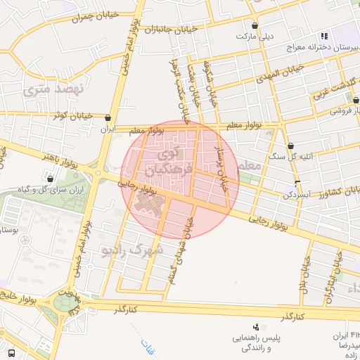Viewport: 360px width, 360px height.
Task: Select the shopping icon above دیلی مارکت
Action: pyautogui.click(x=254, y=24)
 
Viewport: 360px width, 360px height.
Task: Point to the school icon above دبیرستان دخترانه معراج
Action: pyautogui.click(x=323, y=35)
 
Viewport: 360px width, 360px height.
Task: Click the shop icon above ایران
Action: pyautogui.click(x=108, y=118)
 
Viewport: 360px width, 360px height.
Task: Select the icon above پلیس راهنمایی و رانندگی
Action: pyautogui.click(x=256, y=327)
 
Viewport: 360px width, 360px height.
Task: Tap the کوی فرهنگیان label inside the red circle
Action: pyautogui.click(x=169, y=161)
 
